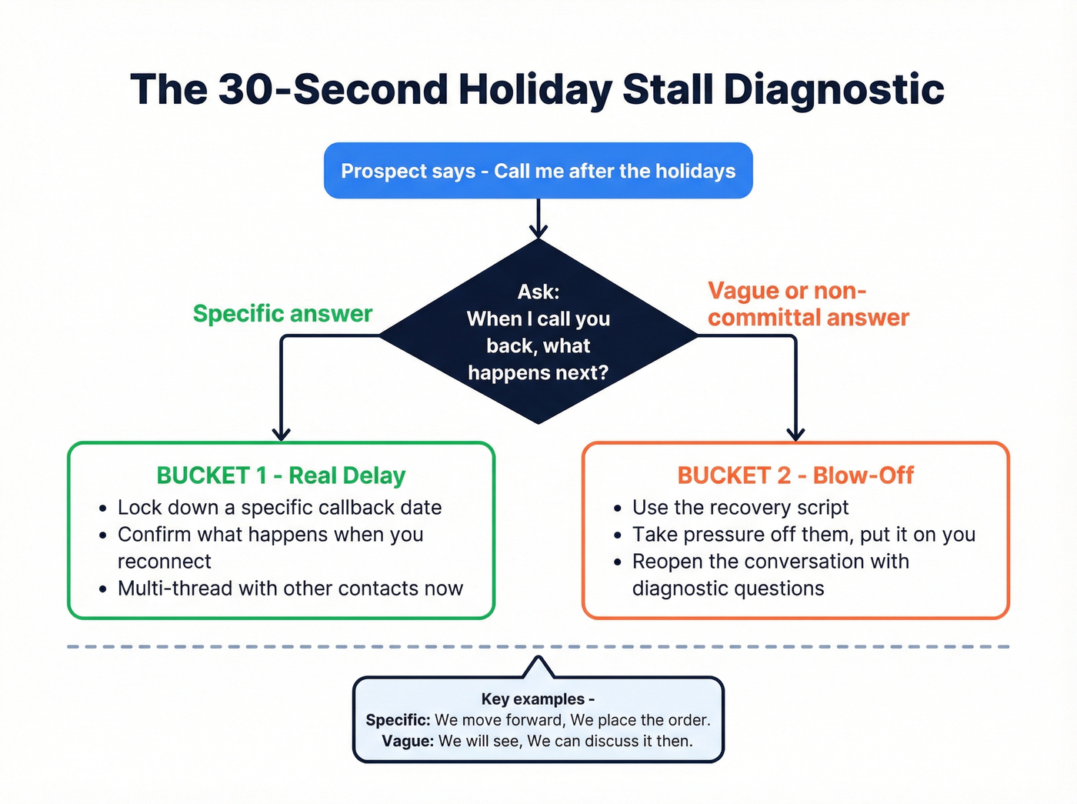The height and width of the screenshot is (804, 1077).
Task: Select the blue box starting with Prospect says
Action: [538, 171]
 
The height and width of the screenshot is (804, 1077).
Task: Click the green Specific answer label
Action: [282, 314]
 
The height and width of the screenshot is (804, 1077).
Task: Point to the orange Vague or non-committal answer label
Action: [808, 304]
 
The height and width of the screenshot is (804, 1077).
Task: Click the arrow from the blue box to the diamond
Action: [538, 219]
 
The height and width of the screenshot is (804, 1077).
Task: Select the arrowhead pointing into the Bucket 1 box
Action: [282, 433]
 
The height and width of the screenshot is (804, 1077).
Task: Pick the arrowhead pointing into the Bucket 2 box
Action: [795, 433]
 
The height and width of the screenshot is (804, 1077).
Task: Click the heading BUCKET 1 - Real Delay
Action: [281, 475]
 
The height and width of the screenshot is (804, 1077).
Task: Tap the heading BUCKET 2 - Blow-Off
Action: [795, 475]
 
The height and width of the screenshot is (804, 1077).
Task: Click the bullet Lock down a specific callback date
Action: [279, 508]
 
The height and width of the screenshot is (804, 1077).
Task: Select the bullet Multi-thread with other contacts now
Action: [290, 589]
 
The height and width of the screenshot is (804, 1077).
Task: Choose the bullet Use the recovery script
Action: [740, 508]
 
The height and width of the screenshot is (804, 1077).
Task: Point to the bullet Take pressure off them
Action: [803, 535]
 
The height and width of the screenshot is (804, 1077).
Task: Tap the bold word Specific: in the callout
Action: [398, 720]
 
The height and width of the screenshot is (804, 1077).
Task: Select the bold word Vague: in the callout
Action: [408, 741]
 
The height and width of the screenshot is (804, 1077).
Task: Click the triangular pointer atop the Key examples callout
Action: [538, 668]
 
